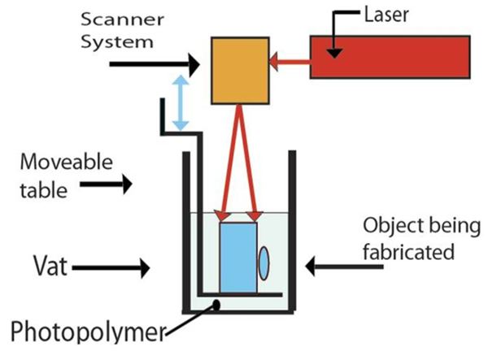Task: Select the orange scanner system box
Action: click(240, 71)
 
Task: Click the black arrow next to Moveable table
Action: click(113, 185)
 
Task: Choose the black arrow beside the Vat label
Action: click(127, 265)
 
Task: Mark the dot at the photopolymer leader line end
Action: click(216, 304)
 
